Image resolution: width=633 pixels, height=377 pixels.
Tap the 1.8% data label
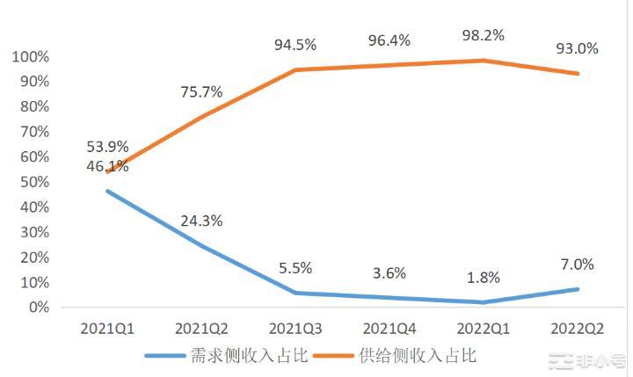[483, 278]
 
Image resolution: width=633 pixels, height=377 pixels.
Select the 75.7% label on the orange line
[202, 91]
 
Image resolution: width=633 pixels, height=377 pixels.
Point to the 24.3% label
[202, 221]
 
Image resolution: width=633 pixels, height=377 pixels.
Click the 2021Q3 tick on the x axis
[295, 329]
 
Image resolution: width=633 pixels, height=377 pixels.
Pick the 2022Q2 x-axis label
[577, 329]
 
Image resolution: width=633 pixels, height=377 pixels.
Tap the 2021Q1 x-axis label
[108, 329]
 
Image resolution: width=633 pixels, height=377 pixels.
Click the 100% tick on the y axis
[31, 57]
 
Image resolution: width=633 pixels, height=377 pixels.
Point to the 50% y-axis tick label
[34, 182]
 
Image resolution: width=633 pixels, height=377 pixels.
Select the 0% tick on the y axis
[38, 308]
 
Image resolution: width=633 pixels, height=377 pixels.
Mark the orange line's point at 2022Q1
[483, 61]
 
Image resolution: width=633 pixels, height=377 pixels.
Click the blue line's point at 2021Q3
[295, 294]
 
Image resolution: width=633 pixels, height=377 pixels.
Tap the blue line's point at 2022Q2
[578, 289]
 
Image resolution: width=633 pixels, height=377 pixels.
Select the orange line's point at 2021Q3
[295, 69]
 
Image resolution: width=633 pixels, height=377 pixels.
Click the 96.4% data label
[389, 40]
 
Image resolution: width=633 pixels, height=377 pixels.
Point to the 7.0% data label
[578, 264]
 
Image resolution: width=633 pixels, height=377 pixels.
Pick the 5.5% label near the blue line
[295, 269]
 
